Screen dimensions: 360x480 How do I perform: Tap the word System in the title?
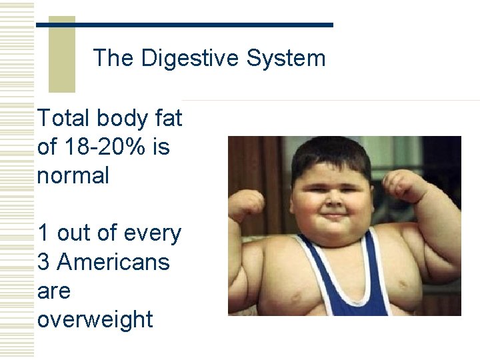coord(286,59)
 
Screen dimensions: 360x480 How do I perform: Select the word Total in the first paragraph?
coord(64,119)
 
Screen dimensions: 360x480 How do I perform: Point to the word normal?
coord(73,176)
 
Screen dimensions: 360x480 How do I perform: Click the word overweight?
coord(95,320)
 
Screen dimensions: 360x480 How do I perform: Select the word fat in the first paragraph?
coord(169,119)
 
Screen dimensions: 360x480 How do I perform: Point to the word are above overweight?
coord(54,291)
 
